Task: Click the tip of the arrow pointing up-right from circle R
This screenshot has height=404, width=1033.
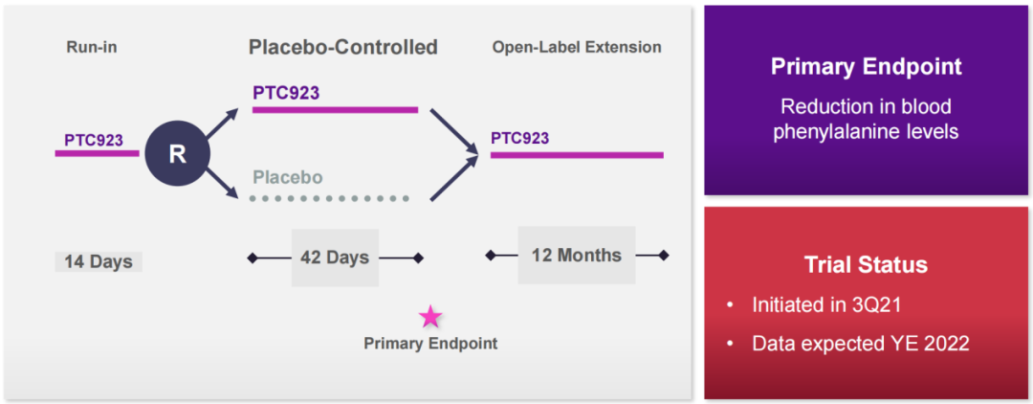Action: point(239,109)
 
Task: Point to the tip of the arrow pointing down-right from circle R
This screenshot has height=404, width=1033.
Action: point(239,197)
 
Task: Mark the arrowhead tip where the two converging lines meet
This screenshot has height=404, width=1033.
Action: point(479,154)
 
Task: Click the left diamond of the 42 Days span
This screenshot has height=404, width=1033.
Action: point(252,258)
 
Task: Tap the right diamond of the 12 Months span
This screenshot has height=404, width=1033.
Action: point(664,255)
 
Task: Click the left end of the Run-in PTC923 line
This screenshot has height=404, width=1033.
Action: point(55,153)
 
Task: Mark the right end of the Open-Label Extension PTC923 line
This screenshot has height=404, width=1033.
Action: point(664,155)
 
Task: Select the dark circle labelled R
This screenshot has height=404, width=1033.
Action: point(177,153)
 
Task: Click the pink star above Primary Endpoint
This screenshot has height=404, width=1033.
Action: point(430,317)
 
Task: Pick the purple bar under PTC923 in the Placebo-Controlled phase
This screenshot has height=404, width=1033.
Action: point(336,109)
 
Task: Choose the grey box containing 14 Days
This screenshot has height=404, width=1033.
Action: point(99,261)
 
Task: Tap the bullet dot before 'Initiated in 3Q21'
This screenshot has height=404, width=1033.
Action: point(730,305)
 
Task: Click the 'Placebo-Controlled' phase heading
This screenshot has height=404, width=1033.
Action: point(342,48)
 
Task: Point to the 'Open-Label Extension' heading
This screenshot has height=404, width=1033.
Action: point(577,48)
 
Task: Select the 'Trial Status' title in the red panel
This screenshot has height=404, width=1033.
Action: point(867,265)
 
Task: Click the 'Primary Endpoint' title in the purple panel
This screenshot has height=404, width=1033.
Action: point(867,67)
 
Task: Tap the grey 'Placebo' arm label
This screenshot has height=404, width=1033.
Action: point(288,178)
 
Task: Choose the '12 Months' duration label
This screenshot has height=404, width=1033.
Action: point(577,255)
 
